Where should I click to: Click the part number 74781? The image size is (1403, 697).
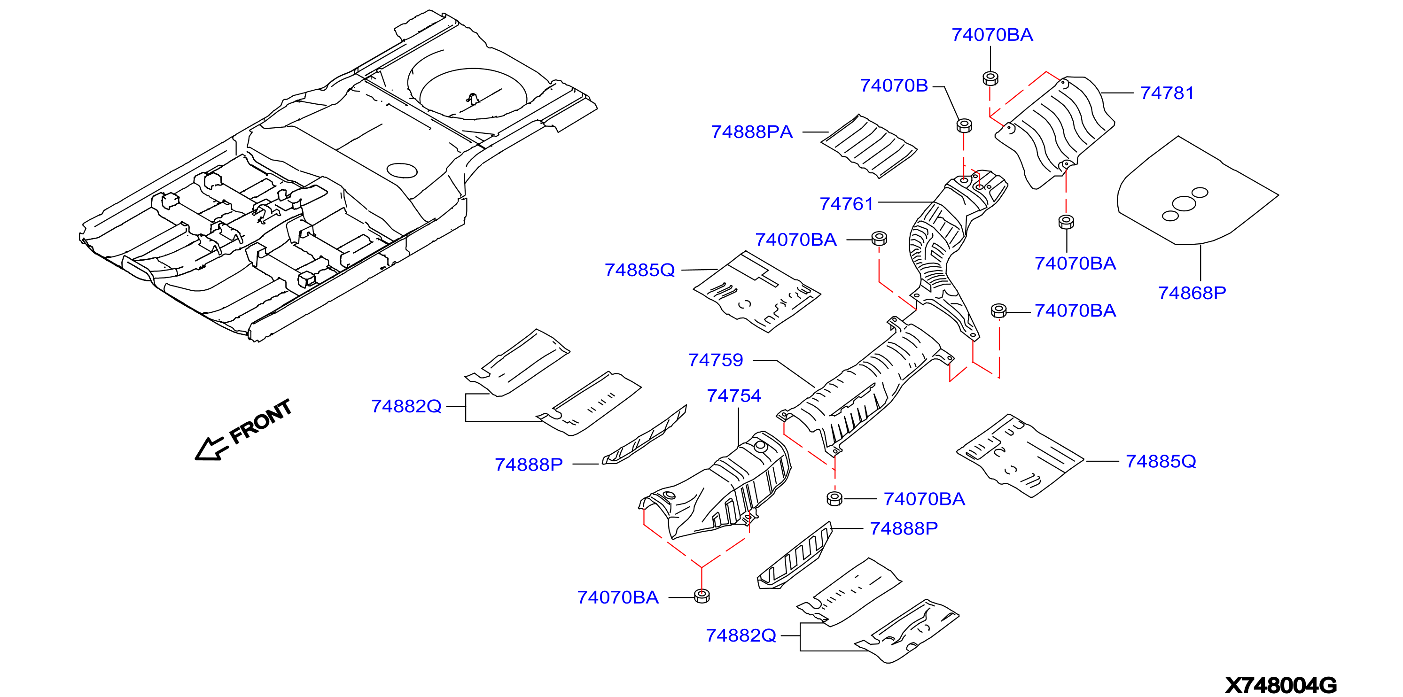pyautogui.click(x=1167, y=93)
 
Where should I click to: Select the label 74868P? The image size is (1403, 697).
pyautogui.click(x=1192, y=293)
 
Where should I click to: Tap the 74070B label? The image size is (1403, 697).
pyautogui.click(x=894, y=85)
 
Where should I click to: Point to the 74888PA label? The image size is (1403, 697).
pyautogui.click(x=752, y=132)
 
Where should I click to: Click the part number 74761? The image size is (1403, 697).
pyautogui.click(x=846, y=204)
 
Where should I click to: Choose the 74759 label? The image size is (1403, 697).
pyautogui.click(x=716, y=360)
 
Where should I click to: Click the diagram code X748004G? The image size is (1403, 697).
pyautogui.click(x=1280, y=685)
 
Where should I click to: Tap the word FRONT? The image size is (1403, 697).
pyautogui.click(x=260, y=421)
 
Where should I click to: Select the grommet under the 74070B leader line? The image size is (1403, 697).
pyautogui.click(x=964, y=125)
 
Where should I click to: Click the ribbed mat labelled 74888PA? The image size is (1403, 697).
pyautogui.click(x=869, y=146)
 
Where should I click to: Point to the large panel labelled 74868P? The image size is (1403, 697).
pyautogui.click(x=1197, y=191)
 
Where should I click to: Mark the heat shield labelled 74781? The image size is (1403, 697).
pyautogui.click(x=1055, y=132)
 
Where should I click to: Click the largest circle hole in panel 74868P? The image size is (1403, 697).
pyautogui.click(x=1184, y=204)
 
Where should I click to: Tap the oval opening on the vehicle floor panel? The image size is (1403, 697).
pyautogui.click(x=402, y=170)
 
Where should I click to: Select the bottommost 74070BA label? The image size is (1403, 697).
pyautogui.click(x=617, y=597)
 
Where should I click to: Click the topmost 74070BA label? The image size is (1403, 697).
pyautogui.click(x=992, y=35)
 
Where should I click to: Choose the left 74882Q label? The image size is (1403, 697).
pyautogui.click(x=406, y=406)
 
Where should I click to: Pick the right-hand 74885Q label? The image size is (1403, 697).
pyautogui.click(x=1161, y=461)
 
